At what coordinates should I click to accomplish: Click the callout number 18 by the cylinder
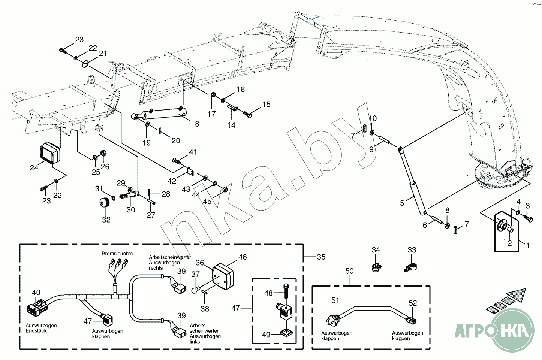pyautogui.click(x=195, y=124)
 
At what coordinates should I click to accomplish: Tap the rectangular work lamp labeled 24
pyautogui.click(x=50, y=153)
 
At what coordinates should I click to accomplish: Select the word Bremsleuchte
pyautogui.click(x=117, y=254)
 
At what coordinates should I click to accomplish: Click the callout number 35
pyautogui.click(x=321, y=257)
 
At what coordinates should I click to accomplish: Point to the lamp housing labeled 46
pyautogui.click(x=223, y=276)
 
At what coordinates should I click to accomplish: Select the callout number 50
pyautogui.click(x=349, y=271)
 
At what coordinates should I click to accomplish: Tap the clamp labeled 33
pyautogui.click(x=410, y=267)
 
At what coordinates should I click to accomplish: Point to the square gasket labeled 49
pyautogui.click(x=286, y=333)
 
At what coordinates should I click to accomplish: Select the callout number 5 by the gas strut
pyautogui.click(x=402, y=203)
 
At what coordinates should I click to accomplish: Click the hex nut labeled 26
pyautogui.click(x=103, y=153)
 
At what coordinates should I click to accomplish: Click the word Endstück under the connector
pyautogui.click(x=36, y=331)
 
